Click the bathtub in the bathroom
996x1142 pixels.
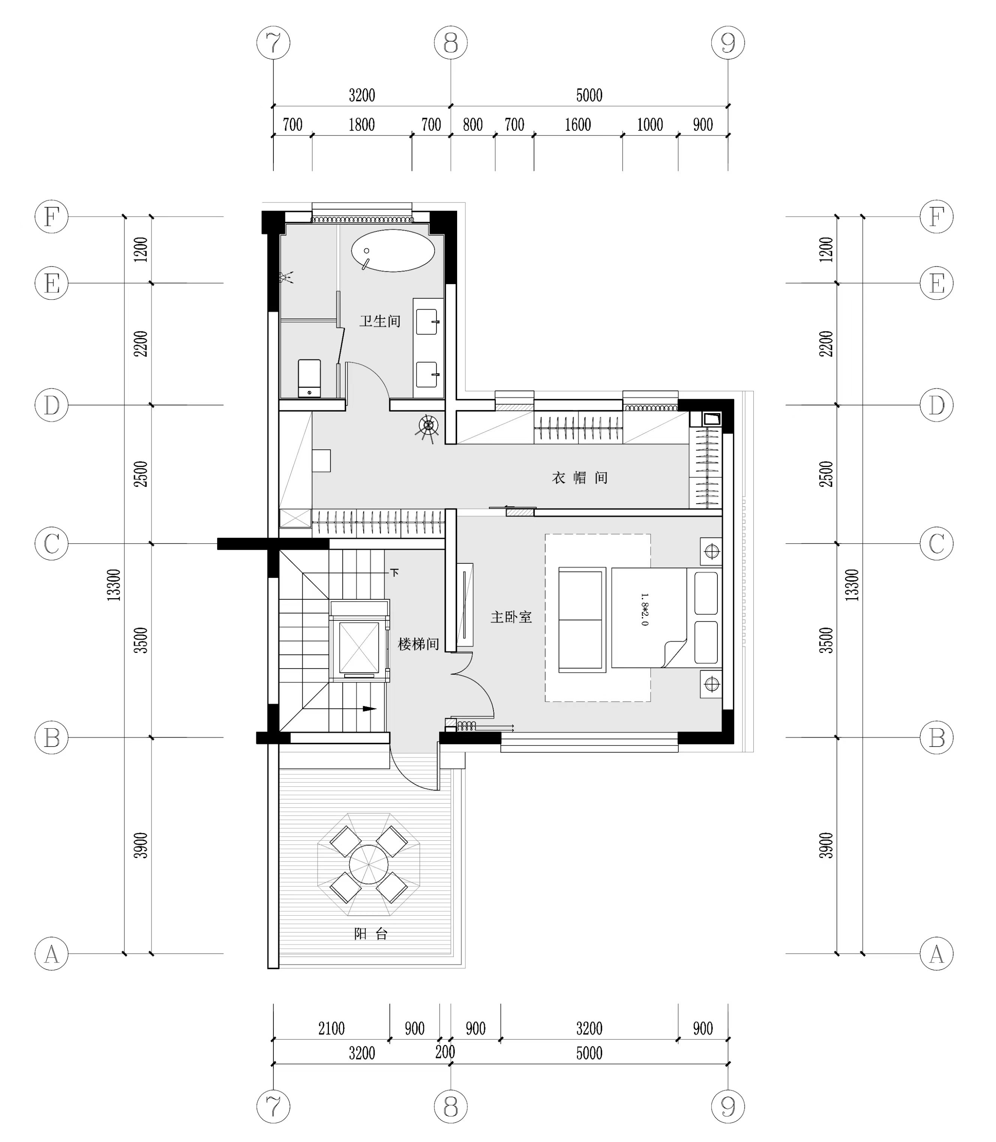(393, 250)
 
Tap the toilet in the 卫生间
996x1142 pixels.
(310, 378)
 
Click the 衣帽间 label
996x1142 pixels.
(580, 478)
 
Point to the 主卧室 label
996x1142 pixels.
(511, 617)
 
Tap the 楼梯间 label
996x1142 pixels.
(418, 644)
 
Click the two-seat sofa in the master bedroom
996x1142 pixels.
(582, 620)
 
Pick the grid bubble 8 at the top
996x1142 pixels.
(451, 43)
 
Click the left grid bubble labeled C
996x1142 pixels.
(52, 543)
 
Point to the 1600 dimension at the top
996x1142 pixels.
(578, 125)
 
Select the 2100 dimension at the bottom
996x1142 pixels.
(331, 1029)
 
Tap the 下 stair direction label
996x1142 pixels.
(394, 572)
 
